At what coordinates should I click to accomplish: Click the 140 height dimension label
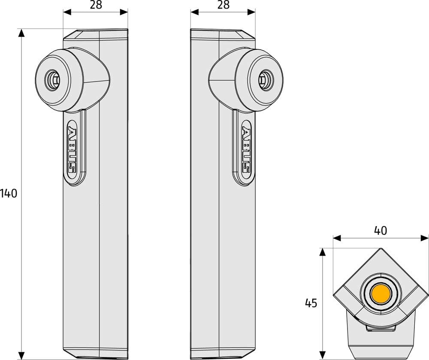[x=9, y=194]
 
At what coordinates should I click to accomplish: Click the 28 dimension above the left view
[x=96, y=5]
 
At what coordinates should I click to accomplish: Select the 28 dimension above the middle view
[x=223, y=5]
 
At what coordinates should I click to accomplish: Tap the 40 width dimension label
[x=380, y=231]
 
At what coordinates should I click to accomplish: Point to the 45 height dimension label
[x=311, y=303]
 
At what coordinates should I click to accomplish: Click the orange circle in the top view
[x=381, y=293]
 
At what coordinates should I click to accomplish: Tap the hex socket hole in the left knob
[x=52, y=80]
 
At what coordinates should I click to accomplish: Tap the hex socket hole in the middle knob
[x=266, y=80]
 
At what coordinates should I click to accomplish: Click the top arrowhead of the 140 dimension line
[x=21, y=33]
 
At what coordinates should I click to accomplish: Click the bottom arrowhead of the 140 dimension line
[x=21, y=355]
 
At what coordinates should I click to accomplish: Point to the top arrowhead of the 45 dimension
[x=323, y=252]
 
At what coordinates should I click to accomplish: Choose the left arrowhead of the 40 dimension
[x=337, y=238]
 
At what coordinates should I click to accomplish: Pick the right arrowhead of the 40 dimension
[x=425, y=238]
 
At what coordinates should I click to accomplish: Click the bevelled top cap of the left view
[x=96, y=34]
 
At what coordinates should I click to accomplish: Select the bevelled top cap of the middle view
[x=223, y=34]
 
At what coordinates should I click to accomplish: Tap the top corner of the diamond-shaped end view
[x=381, y=248]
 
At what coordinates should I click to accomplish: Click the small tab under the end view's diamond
[x=381, y=328]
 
